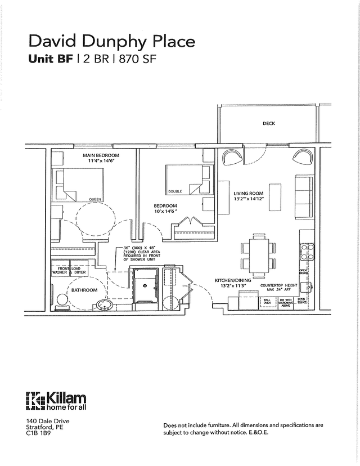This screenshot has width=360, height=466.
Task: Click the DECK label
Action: click(x=268, y=124)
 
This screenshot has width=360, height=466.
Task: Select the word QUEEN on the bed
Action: click(x=94, y=199)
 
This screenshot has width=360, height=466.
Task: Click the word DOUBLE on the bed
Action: click(x=174, y=191)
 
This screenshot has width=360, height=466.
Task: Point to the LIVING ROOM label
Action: click(x=248, y=194)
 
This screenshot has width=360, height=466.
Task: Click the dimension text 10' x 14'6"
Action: click(x=165, y=213)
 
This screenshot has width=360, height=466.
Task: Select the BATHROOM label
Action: click(x=84, y=290)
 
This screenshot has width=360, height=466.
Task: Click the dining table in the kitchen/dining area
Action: click(x=259, y=255)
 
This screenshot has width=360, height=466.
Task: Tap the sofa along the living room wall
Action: click(x=304, y=197)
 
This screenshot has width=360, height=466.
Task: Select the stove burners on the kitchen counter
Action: click(x=307, y=252)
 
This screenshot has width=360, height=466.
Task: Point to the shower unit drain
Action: click(x=145, y=285)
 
